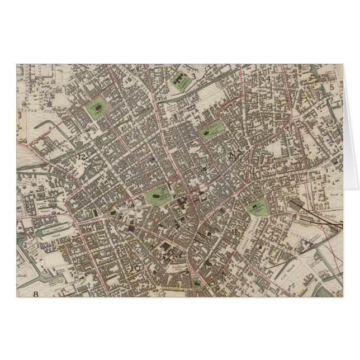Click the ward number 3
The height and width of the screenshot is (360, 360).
193,77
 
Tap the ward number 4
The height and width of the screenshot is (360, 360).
268,79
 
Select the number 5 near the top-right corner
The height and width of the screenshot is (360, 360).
331,87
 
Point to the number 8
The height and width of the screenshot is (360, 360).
36,293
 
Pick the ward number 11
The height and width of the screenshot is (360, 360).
234,231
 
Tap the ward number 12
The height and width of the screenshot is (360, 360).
82,157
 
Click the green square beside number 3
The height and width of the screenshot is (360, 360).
180,82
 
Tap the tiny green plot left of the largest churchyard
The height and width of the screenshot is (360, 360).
113,212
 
